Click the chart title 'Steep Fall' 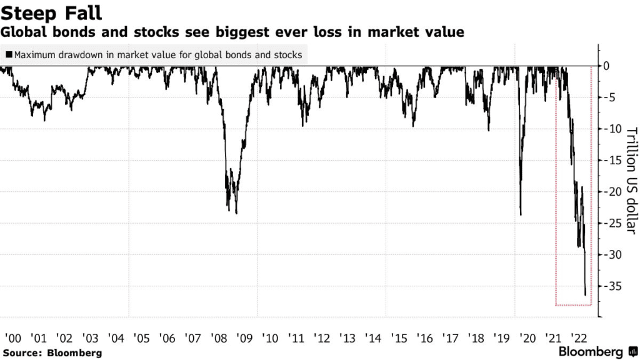click(x=51, y=12)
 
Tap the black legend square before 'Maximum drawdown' click(x=8, y=55)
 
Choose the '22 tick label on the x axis click(x=579, y=338)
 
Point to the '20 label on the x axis click(x=528, y=338)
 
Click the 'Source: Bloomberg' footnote click(x=51, y=353)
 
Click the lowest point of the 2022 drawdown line click(x=586, y=295)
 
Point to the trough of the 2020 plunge click(x=521, y=215)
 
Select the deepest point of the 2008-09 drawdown click(x=236, y=213)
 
